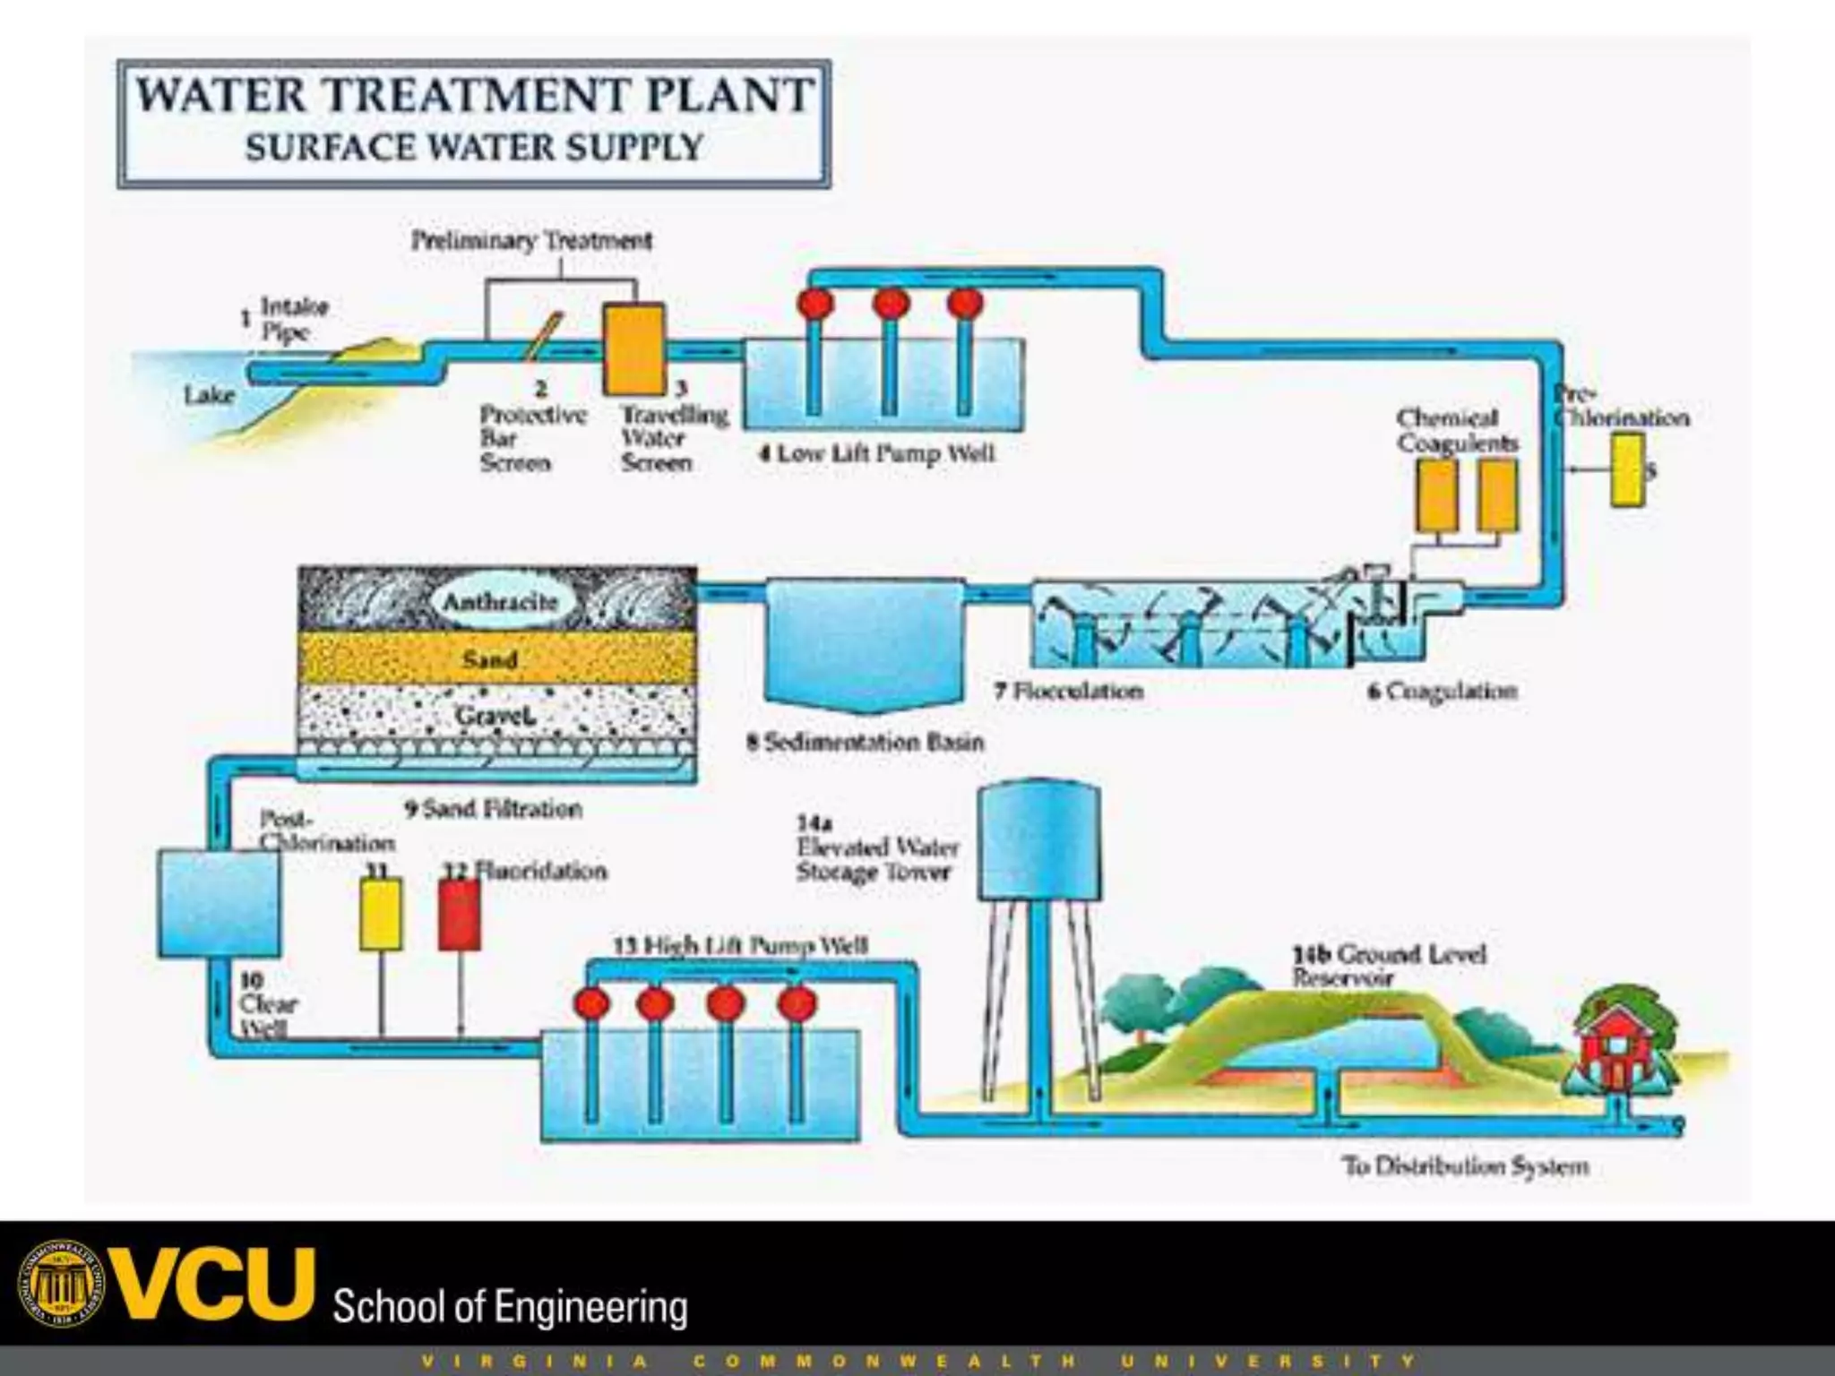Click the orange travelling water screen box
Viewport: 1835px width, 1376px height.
click(633, 349)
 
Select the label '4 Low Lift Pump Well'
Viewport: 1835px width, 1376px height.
click(877, 453)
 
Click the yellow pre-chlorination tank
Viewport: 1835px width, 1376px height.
click(1627, 470)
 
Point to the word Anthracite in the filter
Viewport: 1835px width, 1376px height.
click(500, 601)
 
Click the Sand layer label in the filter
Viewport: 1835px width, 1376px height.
click(490, 660)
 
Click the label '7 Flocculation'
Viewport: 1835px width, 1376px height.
click(1069, 691)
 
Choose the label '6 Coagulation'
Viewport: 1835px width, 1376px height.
click(1442, 691)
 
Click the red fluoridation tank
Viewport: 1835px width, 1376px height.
click(459, 915)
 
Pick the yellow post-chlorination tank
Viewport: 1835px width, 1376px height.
click(380, 915)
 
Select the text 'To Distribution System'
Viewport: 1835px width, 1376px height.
click(1465, 1166)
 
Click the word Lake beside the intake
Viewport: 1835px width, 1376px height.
click(209, 395)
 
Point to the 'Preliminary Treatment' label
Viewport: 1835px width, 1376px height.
click(531, 240)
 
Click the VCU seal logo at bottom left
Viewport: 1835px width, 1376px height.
click(60, 1284)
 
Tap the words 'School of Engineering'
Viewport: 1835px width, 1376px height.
click(510, 1307)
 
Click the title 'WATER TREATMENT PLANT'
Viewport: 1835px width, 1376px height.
click(474, 95)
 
